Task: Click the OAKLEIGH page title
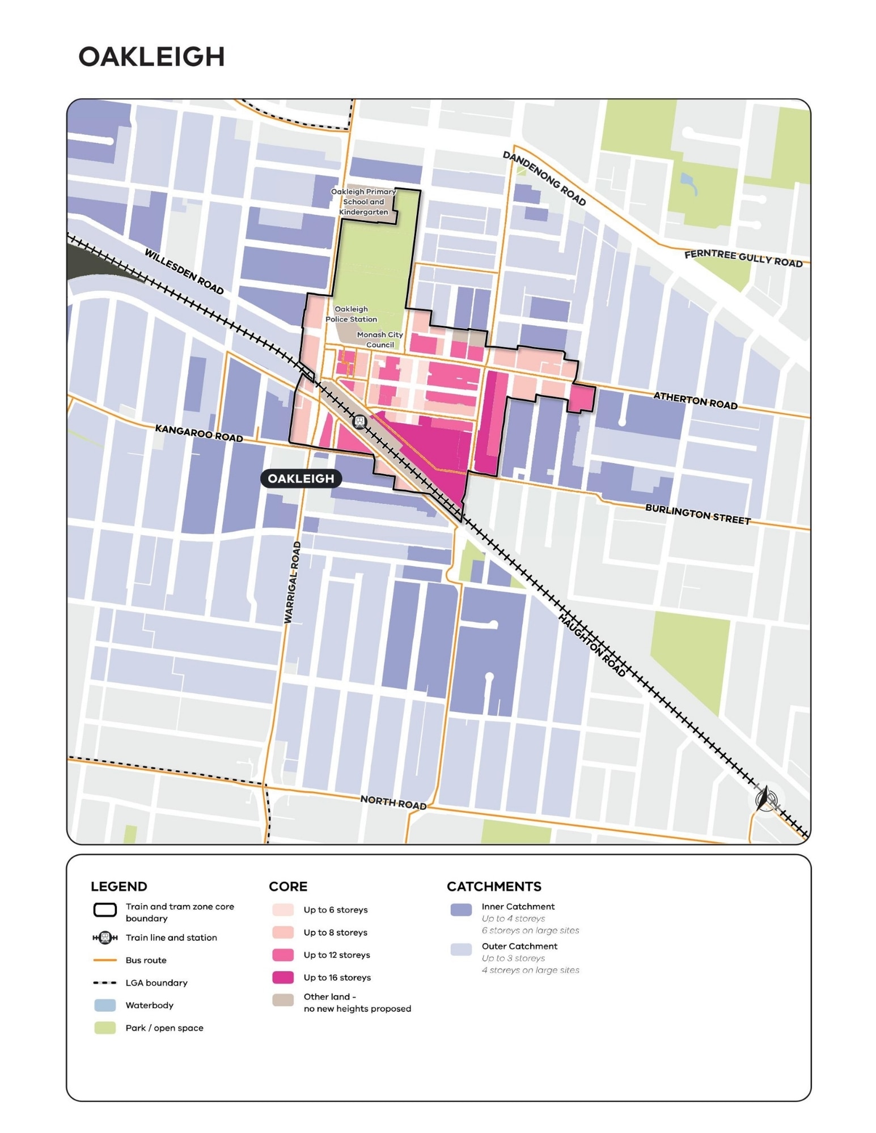pos(151,57)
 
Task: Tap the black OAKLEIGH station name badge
pos(301,478)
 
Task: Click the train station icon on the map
pos(359,422)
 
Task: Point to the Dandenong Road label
pos(544,178)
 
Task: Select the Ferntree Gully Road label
pos(743,258)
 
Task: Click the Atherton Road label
pos(695,400)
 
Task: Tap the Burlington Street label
pos(697,514)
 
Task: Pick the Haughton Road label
pos(592,645)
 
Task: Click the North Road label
pos(393,801)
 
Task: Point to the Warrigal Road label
pos(293,583)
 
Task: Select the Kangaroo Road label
pos(198,433)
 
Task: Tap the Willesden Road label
pos(184,271)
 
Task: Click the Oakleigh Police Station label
pos(351,314)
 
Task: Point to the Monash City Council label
pos(379,340)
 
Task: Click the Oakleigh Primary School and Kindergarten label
pos(363,202)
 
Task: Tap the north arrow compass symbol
pos(765,799)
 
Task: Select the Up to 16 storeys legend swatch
pos(283,977)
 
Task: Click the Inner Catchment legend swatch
pos(461,910)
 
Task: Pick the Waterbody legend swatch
pos(105,1005)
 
